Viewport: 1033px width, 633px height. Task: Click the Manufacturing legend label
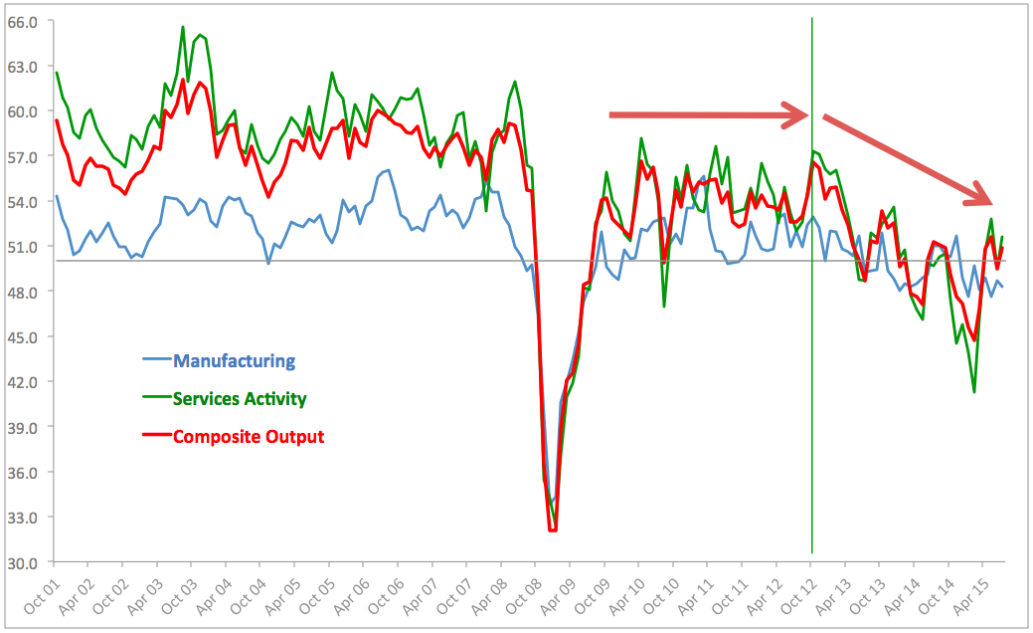pos(234,360)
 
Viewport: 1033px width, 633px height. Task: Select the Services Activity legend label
pos(239,398)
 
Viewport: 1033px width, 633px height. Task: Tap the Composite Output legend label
pos(248,436)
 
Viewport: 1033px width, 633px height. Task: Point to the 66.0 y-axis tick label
pos(21,21)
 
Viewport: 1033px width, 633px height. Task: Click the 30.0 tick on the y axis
pos(21,562)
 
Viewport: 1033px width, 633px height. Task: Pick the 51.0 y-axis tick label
pos(21,246)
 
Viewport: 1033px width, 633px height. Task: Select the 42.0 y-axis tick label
pos(21,381)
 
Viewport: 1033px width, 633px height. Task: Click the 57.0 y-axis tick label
pos(21,156)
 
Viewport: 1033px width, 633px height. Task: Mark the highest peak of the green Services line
pos(183,27)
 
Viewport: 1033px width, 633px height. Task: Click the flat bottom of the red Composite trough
pos(553,530)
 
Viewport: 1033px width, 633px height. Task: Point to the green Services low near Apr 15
pos(974,391)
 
